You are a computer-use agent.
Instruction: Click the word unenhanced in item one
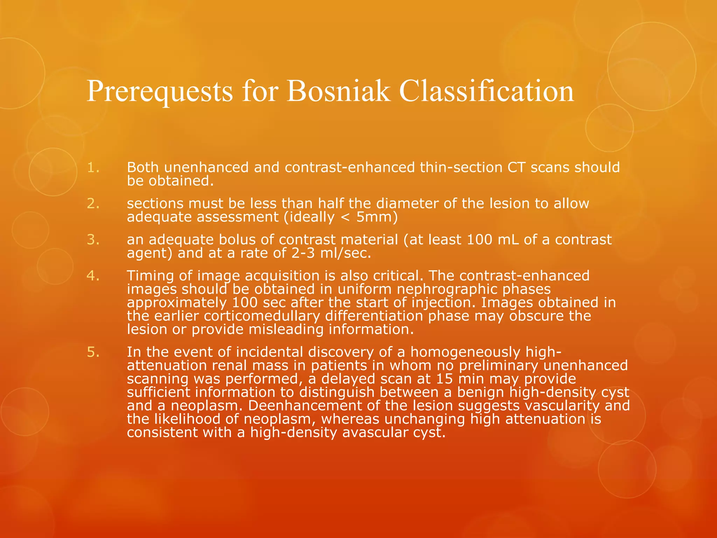206,168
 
